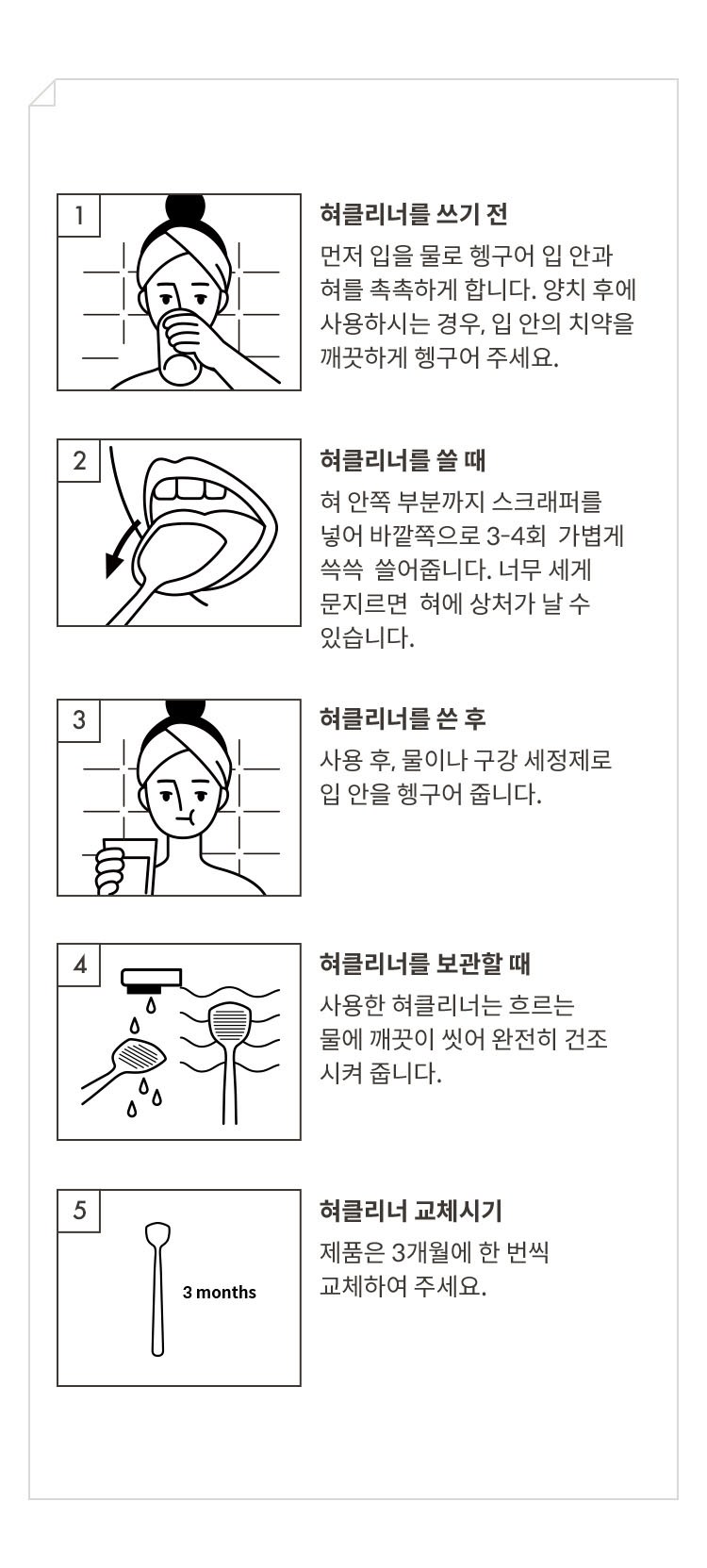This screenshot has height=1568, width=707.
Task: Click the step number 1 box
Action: tap(79, 215)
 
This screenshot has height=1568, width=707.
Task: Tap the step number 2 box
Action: tap(79, 461)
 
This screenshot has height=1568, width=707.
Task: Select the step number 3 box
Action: tap(79, 719)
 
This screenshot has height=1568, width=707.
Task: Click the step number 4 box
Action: tap(79, 965)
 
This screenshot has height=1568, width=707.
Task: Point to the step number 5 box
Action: tap(79, 1210)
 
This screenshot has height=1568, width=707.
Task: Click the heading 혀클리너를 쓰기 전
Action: tap(413, 214)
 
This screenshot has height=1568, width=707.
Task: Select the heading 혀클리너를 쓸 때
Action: tap(403, 460)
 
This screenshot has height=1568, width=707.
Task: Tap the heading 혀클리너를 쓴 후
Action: tap(403, 718)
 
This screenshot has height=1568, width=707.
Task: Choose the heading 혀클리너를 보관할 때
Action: tap(425, 964)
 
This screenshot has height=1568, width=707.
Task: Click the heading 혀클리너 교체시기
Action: tap(411, 1210)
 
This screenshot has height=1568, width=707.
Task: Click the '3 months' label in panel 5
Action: tap(219, 1292)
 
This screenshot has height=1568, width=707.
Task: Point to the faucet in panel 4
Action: tap(151, 981)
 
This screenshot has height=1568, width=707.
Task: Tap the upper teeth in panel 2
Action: tap(189, 488)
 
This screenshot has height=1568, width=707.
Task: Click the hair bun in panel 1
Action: tap(186, 207)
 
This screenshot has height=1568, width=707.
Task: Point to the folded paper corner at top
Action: tap(42, 92)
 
